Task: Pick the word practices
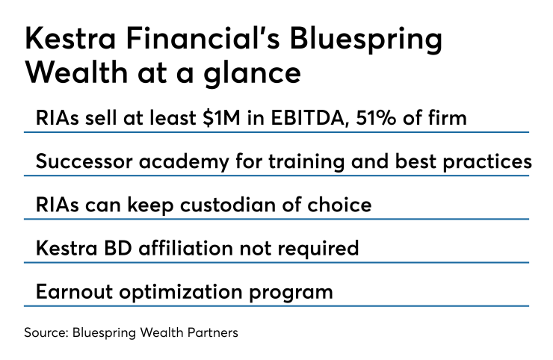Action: (485, 162)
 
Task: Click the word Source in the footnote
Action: (41, 332)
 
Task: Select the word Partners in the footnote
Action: (213, 332)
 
